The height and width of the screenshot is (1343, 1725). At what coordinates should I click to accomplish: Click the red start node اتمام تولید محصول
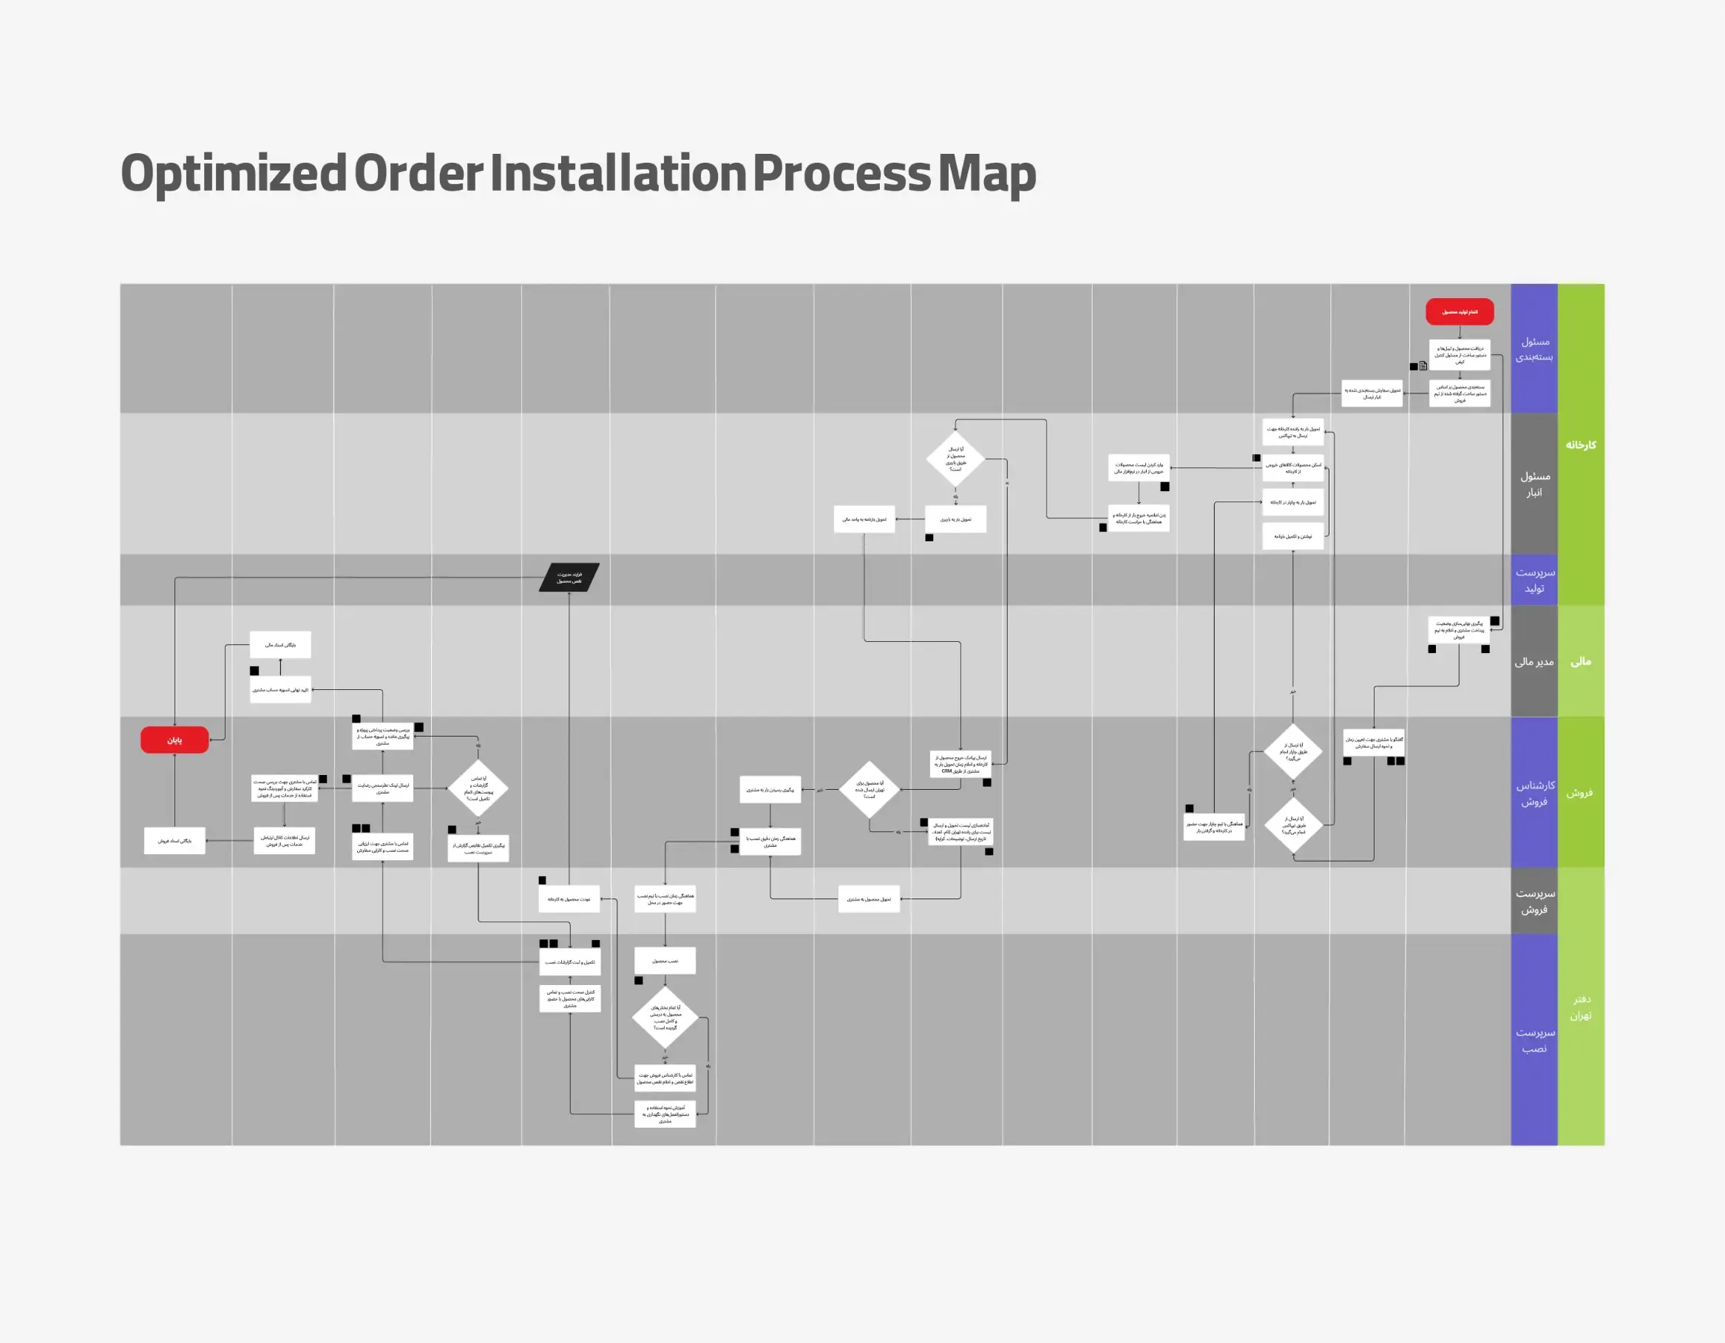1459,312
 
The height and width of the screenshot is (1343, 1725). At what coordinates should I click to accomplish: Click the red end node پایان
174,740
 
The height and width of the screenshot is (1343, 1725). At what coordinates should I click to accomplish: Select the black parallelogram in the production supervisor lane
569,578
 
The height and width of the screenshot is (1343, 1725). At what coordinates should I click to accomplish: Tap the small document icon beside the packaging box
1423,366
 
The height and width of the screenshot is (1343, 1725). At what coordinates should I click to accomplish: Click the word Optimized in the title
233,174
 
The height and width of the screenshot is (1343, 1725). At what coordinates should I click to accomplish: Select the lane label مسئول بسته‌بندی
1533,349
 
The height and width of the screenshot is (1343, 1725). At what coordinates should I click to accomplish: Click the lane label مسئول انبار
1533,484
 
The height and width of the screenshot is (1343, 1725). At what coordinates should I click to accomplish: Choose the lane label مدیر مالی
1533,662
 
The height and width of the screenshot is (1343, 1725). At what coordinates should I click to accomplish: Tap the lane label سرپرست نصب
1533,1041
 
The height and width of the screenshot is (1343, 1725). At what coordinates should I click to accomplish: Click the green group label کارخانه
1581,444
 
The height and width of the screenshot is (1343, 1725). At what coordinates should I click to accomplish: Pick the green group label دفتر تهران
1581,1007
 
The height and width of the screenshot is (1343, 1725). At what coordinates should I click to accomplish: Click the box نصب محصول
665,961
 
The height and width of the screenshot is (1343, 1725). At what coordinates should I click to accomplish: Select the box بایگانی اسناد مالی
280,645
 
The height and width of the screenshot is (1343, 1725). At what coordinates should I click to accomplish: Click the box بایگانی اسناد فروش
174,841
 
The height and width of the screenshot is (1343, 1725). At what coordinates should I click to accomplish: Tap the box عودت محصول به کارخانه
569,899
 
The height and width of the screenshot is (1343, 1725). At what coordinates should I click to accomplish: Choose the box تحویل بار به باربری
956,519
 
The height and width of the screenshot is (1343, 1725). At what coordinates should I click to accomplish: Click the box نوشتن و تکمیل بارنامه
1293,536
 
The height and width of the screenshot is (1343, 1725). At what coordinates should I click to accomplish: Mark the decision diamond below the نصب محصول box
665,1018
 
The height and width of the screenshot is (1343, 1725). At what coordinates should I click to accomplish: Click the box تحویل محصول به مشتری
869,899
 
